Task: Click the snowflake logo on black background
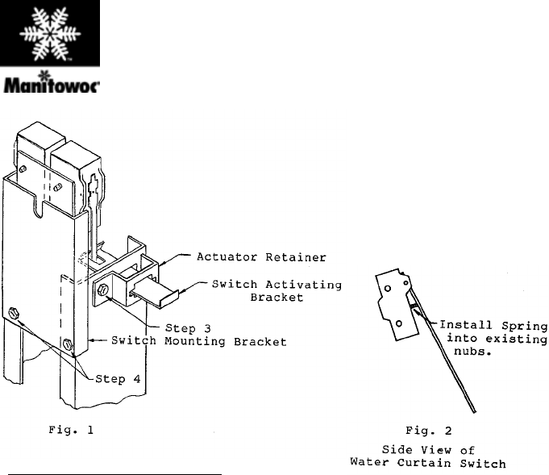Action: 50,33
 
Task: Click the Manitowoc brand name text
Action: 51,85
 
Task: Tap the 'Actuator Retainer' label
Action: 261,257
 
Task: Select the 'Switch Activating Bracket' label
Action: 277,291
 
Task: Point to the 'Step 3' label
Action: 188,328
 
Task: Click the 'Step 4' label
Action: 118,379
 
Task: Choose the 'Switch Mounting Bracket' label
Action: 199,341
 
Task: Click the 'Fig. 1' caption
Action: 71,430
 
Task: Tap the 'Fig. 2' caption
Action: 429,431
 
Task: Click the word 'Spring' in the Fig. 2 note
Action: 525,326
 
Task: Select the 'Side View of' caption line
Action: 428,449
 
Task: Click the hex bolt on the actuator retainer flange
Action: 103,290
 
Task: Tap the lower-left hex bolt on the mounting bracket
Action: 14,312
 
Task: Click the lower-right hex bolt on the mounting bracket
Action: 68,344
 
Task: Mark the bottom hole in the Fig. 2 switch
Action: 399,323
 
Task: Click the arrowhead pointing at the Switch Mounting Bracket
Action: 91,340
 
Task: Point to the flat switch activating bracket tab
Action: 155,296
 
